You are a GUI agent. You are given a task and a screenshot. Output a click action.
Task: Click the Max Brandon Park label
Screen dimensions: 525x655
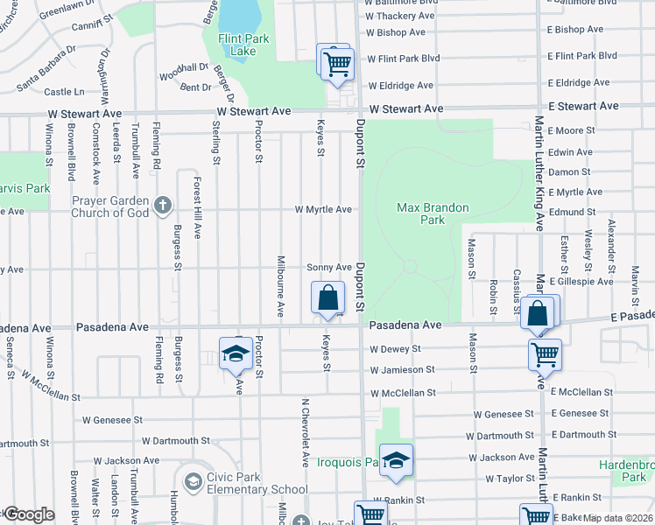point(433,214)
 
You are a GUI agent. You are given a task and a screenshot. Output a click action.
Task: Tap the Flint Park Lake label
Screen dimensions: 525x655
point(231,45)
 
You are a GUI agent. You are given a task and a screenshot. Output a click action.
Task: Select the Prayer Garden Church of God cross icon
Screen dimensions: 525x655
point(162,206)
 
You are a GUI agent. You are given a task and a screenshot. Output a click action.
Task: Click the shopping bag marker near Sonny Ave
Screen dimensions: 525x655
point(327,297)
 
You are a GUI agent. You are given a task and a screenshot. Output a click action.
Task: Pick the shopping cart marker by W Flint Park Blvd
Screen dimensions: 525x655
point(335,62)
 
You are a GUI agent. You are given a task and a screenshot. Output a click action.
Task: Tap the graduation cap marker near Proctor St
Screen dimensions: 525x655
point(235,354)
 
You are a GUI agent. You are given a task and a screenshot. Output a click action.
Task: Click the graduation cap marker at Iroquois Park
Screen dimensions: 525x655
point(396,461)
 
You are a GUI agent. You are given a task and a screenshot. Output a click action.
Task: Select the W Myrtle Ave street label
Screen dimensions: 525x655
point(323,210)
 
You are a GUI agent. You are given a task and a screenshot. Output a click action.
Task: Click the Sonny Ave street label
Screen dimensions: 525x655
point(328,268)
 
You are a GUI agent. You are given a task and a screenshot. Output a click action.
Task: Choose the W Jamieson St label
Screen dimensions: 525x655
point(402,370)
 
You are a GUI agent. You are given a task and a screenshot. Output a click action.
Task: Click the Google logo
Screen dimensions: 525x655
point(28,514)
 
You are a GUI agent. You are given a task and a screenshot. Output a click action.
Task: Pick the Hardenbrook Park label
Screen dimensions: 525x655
point(626,471)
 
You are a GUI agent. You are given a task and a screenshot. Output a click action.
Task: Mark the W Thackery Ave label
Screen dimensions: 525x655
point(401,16)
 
